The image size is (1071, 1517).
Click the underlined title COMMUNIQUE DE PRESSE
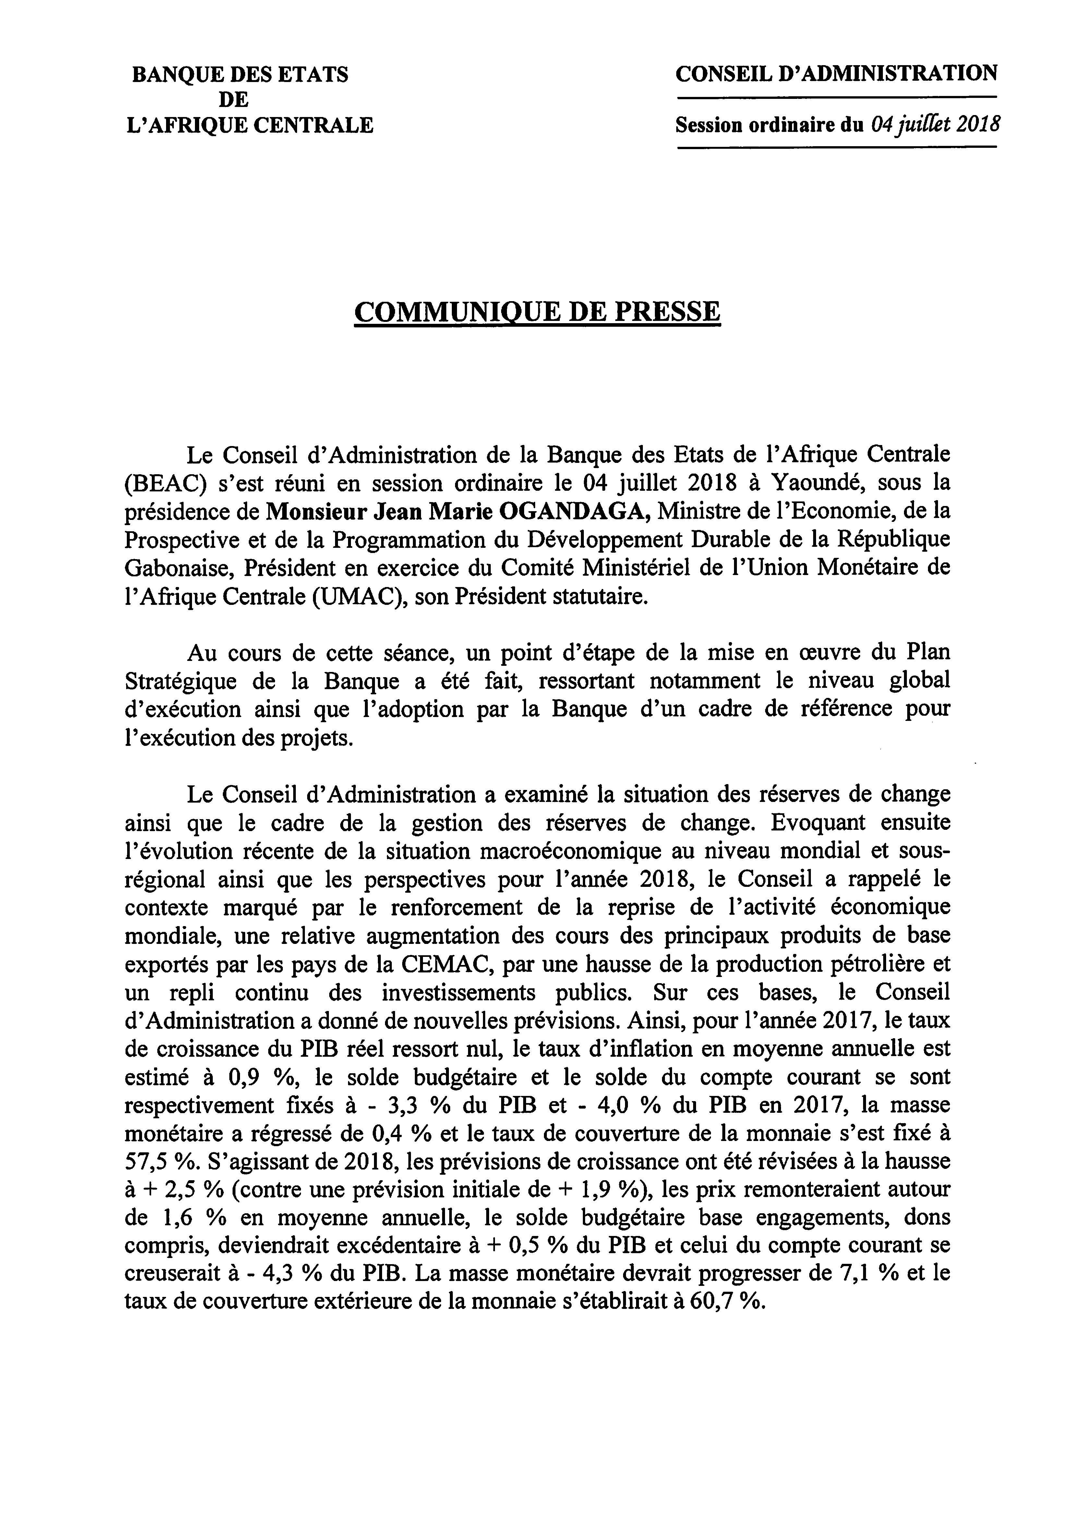[x=537, y=311]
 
